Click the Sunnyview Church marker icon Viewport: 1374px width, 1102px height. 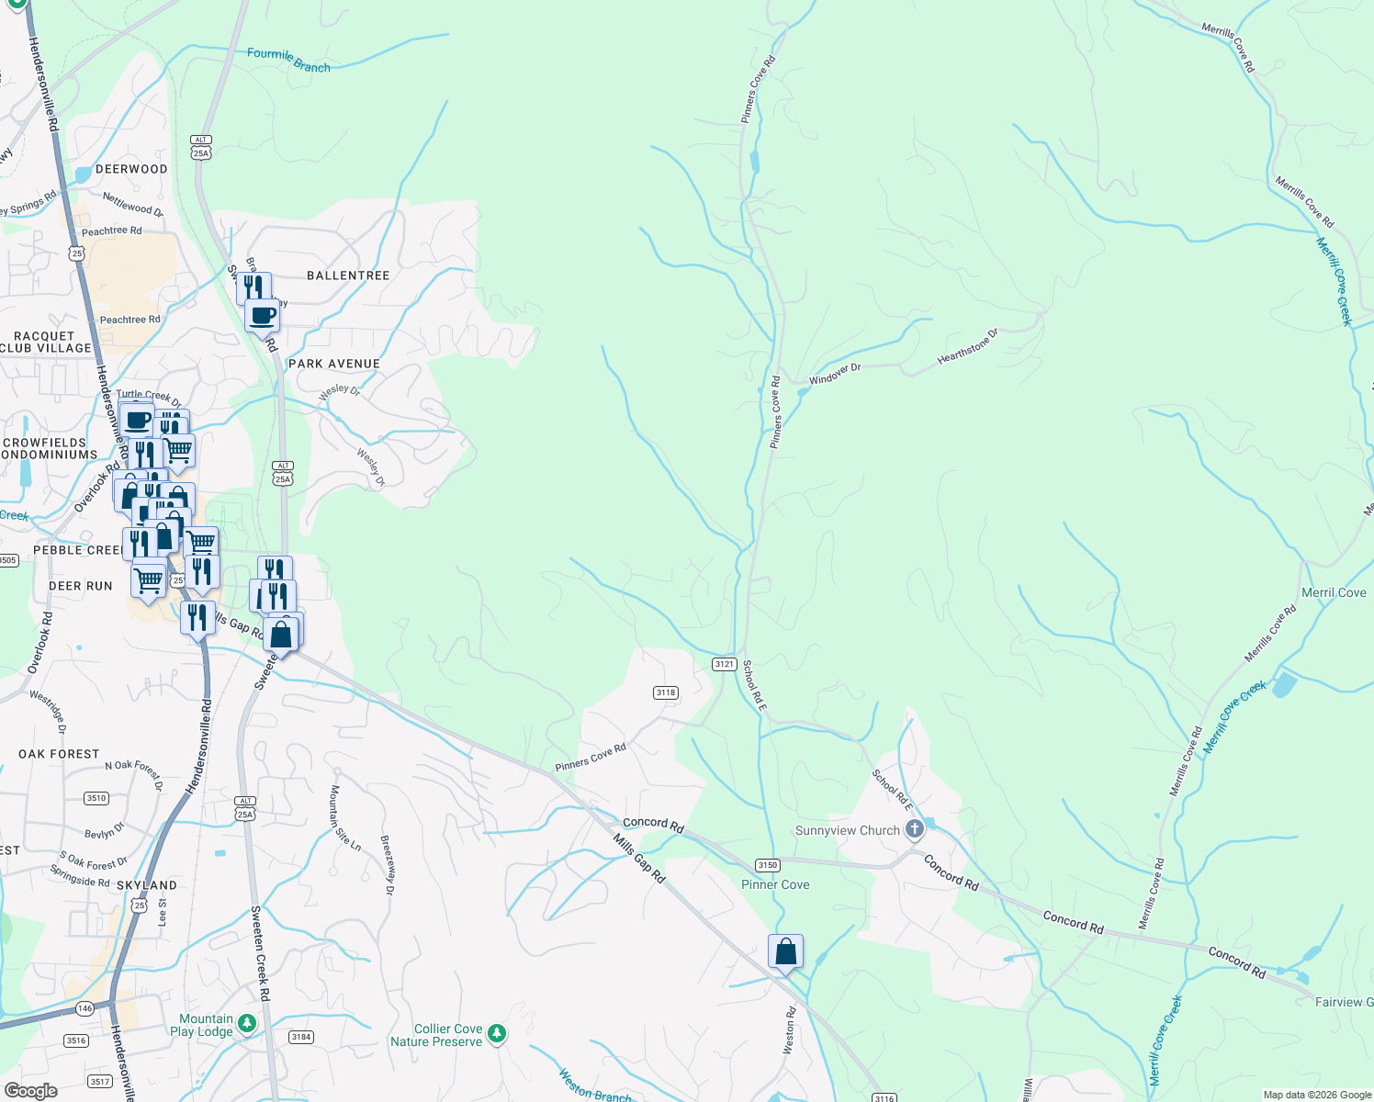(x=914, y=830)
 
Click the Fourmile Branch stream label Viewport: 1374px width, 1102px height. (x=288, y=60)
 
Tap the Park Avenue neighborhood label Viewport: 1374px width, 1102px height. (x=334, y=364)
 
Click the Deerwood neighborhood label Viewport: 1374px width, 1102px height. (x=131, y=169)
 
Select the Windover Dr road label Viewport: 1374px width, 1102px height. (x=835, y=374)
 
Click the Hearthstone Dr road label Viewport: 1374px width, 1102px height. (x=967, y=347)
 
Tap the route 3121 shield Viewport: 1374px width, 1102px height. (x=725, y=664)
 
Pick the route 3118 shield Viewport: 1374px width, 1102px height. (x=666, y=692)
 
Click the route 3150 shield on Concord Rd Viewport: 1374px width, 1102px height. (x=767, y=865)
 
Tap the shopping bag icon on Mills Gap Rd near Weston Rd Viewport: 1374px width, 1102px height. (x=785, y=951)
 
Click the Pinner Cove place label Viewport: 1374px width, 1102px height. (x=775, y=884)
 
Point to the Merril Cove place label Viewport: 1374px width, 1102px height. (x=1334, y=592)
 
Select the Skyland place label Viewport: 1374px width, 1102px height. (x=147, y=885)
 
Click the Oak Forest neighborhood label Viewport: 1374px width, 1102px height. (x=59, y=754)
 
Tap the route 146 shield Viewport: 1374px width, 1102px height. (x=85, y=1008)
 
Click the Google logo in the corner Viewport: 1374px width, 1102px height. (x=30, y=1091)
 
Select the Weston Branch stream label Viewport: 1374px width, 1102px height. (x=594, y=1086)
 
